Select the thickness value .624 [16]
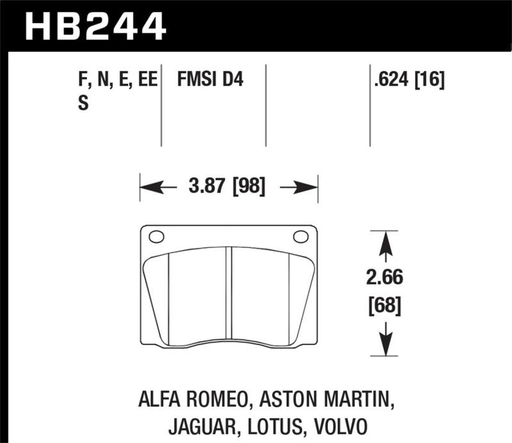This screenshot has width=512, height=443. (408, 81)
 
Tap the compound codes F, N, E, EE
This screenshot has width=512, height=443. (116, 81)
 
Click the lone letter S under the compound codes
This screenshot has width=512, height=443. (83, 103)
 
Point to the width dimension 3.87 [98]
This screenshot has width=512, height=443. (228, 187)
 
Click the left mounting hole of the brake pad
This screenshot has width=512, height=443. (156, 237)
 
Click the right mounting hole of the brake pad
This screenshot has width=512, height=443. (300, 237)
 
